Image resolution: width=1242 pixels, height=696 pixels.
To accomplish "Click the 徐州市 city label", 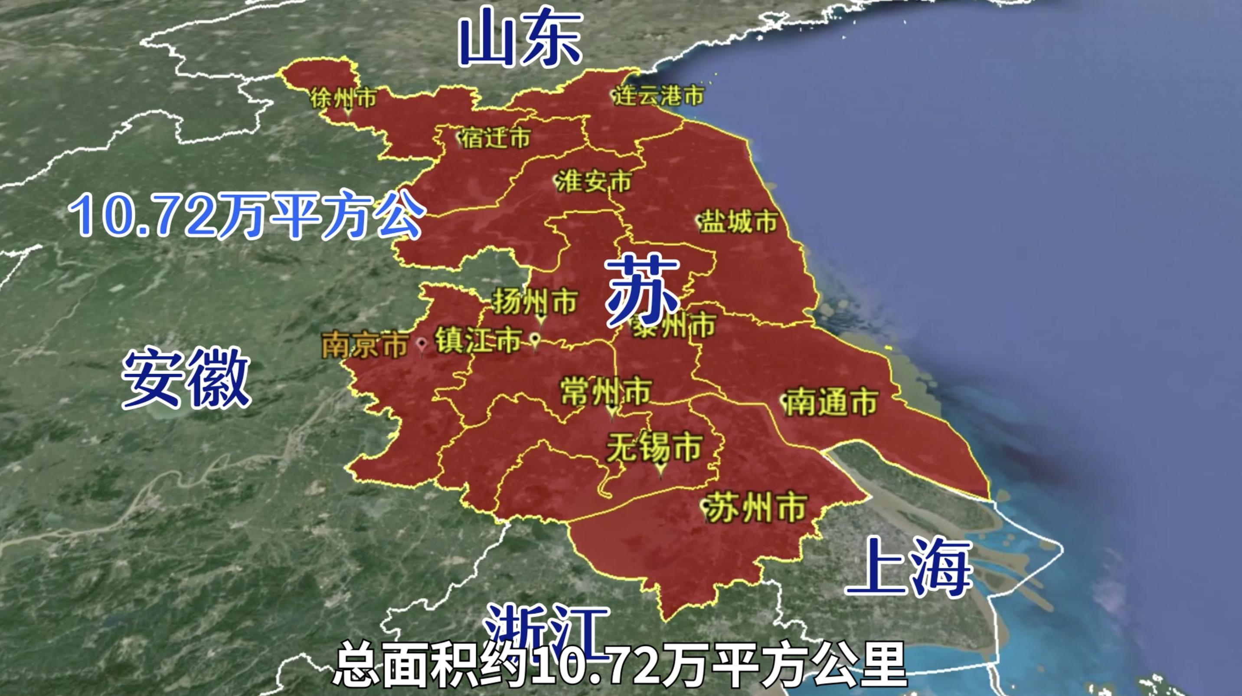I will click(343, 98).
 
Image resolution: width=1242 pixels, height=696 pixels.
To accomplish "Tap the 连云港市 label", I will click(658, 95).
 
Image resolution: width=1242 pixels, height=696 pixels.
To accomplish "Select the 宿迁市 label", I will click(495, 138).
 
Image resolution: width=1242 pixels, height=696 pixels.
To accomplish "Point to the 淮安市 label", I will click(594, 182).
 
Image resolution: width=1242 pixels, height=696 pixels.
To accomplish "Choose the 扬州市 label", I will click(535, 302).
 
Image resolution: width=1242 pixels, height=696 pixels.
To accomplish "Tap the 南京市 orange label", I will click(365, 345).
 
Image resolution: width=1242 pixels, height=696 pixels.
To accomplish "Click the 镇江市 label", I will click(478, 340).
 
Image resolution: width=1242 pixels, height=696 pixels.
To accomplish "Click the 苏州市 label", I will click(755, 507).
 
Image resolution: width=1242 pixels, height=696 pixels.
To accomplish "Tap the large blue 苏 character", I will click(642, 289).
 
